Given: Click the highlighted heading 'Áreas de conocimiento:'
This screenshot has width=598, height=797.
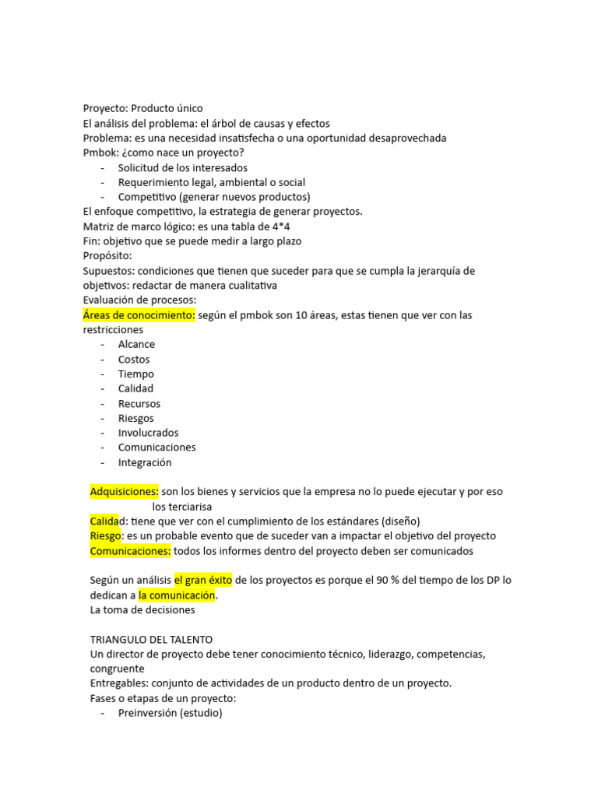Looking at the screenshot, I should tap(139, 315).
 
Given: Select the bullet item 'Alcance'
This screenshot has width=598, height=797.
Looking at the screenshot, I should tap(136, 344).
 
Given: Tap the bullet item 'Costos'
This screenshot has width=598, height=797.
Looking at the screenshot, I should tap(134, 360).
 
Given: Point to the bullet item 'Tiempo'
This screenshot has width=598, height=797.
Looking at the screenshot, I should tap(136, 374).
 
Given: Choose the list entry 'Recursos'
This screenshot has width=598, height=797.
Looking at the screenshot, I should tap(139, 404).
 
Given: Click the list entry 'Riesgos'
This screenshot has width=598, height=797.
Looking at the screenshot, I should tap(136, 418).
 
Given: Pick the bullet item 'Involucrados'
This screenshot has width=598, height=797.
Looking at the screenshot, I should tap(148, 433).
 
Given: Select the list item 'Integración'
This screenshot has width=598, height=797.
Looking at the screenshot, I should tap(145, 462).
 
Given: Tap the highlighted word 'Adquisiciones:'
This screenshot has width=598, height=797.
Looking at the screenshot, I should tap(125, 492).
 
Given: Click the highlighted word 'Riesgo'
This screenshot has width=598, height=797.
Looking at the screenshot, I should tap(106, 536).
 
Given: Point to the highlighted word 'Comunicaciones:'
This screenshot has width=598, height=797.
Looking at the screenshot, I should tap(130, 551).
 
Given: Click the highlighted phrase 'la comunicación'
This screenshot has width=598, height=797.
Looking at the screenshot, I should tap(176, 595).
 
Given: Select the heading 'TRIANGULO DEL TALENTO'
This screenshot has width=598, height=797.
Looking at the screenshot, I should tap(151, 639).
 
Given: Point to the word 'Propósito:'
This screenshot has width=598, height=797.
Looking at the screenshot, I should tap(107, 256).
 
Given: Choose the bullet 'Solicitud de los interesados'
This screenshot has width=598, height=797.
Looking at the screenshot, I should tap(183, 167).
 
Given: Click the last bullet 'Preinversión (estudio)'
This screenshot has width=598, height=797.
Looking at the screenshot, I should tap(170, 712).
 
